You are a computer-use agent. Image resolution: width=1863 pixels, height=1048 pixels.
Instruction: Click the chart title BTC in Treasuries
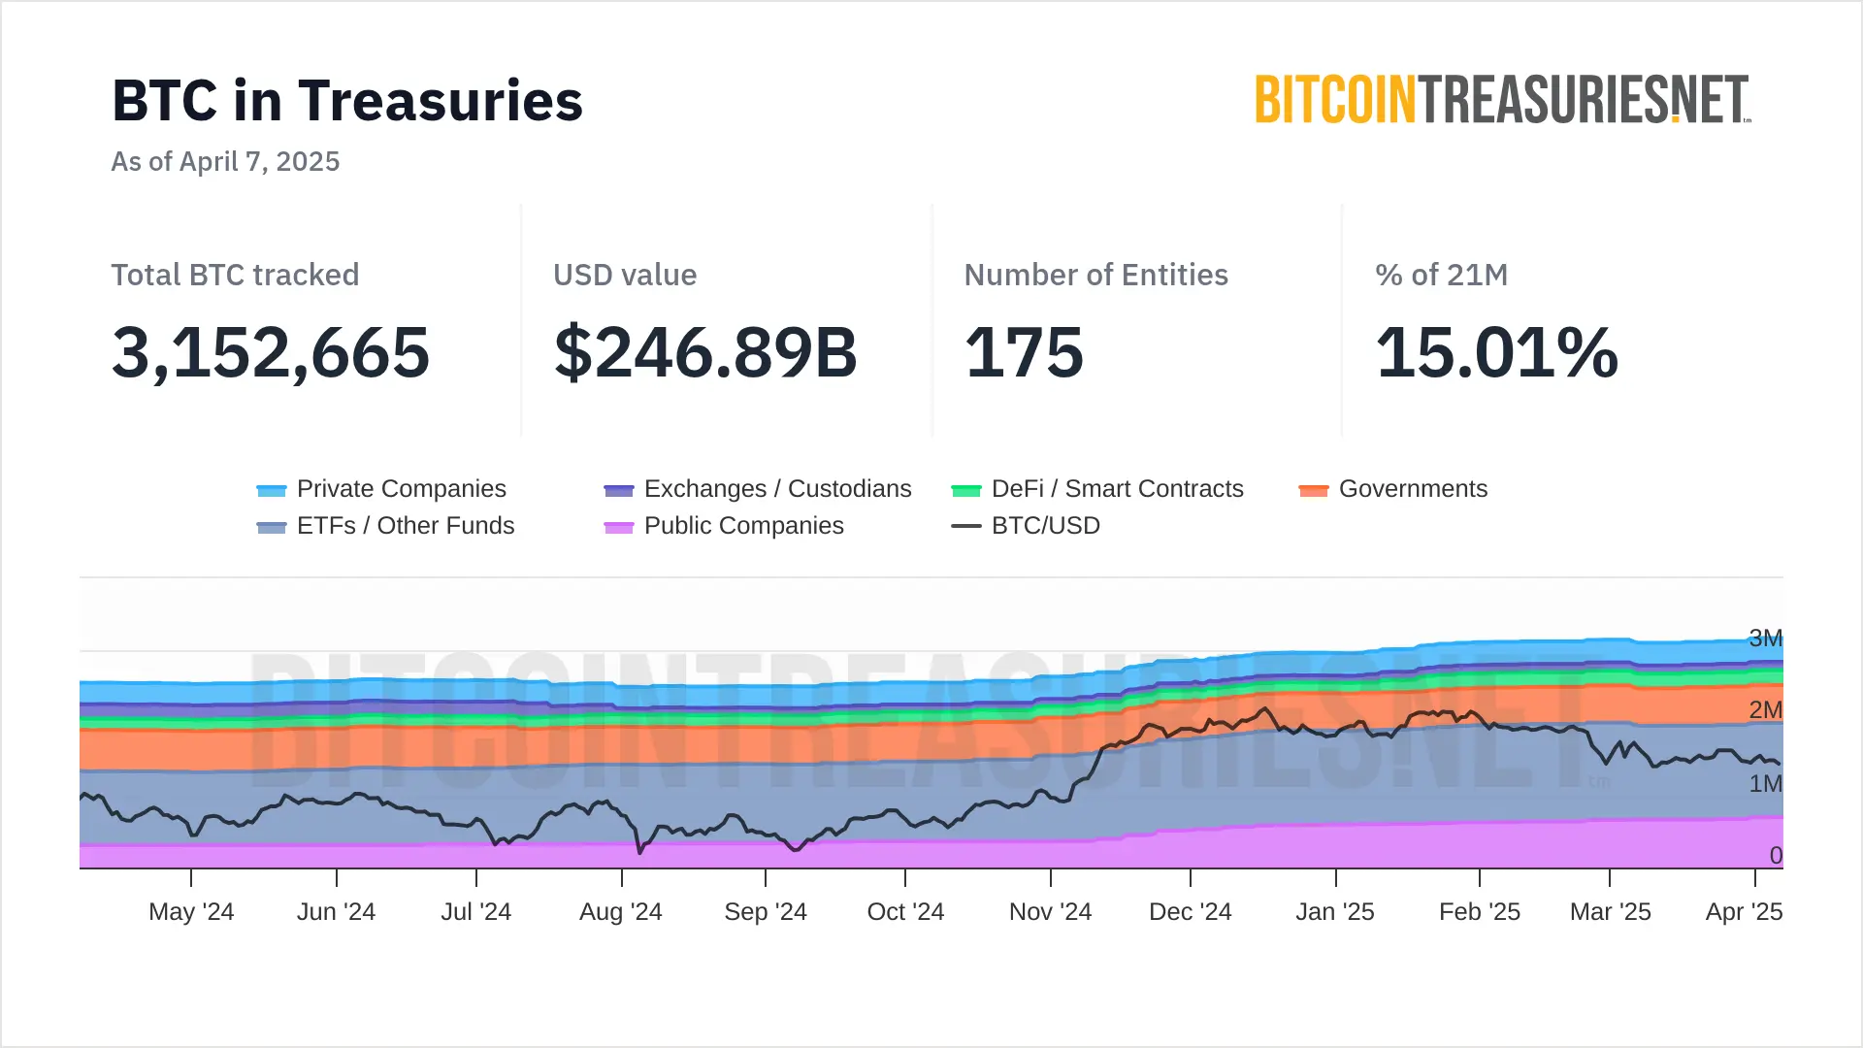click(x=347, y=101)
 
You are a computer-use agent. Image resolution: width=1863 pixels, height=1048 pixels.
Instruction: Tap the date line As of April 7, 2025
click(x=225, y=161)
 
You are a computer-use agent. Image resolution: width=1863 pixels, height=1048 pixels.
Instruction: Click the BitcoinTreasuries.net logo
click(x=1502, y=100)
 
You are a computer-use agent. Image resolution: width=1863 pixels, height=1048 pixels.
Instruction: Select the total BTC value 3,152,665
click(x=271, y=352)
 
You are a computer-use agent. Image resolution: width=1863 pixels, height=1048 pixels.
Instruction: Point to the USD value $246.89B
click(x=705, y=352)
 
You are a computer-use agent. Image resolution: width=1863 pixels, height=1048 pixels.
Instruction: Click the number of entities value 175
click(x=1024, y=352)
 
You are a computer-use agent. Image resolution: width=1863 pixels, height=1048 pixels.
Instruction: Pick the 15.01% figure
click(x=1497, y=352)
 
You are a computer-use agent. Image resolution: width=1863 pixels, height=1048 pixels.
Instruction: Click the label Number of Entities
click(x=1095, y=276)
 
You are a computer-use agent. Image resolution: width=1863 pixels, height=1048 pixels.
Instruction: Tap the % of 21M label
click(x=1441, y=276)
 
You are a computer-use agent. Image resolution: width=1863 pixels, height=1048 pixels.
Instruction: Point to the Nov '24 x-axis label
click(x=1050, y=912)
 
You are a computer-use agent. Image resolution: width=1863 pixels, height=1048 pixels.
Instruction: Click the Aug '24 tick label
click(x=620, y=912)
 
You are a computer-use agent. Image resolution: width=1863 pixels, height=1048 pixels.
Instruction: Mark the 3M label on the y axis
click(x=1765, y=639)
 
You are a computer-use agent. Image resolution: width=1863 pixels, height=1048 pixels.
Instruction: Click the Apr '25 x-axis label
click(x=1744, y=912)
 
